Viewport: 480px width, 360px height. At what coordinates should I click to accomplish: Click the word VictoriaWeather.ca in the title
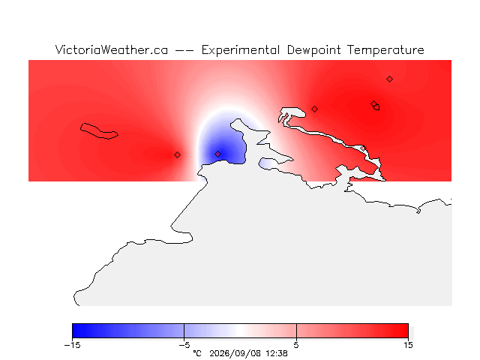(x=112, y=50)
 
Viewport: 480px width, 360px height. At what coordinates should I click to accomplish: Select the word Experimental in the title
(x=241, y=50)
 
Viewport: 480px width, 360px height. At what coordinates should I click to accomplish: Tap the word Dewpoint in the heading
(x=313, y=50)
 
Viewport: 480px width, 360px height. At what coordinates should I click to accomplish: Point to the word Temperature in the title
(x=385, y=50)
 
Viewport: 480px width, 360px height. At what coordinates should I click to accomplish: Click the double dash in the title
(x=184, y=50)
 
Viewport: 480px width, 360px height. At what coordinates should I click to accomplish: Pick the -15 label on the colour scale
(x=72, y=345)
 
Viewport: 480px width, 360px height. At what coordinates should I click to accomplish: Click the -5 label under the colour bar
(x=184, y=345)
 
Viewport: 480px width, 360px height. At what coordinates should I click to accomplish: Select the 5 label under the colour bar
(x=296, y=345)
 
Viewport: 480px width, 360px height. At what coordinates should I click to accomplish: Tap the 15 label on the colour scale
(x=408, y=345)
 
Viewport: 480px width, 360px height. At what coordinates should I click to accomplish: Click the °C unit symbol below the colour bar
(x=197, y=353)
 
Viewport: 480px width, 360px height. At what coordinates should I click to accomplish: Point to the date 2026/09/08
(x=235, y=353)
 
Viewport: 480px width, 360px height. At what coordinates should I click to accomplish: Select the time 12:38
(x=277, y=353)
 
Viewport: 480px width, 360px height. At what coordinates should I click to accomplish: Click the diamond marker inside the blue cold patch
(x=217, y=154)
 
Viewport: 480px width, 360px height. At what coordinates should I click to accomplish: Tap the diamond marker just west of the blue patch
(x=177, y=155)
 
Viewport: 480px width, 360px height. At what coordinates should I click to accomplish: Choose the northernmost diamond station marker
(x=389, y=79)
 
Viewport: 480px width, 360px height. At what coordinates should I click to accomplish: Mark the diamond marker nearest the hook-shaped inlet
(x=314, y=109)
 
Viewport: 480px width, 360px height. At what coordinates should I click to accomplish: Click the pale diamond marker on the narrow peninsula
(x=363, y=148)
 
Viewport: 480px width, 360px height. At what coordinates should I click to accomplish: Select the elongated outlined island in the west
(x=99, y=131)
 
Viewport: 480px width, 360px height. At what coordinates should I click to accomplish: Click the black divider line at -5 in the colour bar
(x=184, y=331)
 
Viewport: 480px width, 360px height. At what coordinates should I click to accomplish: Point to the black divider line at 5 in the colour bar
(x=296, y=331)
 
